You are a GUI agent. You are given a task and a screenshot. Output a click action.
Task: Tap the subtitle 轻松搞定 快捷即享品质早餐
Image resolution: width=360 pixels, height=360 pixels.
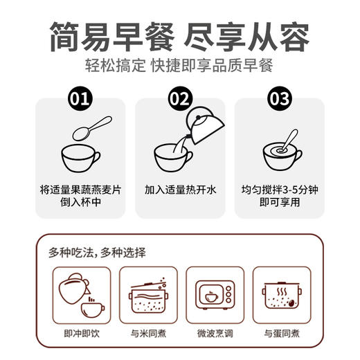tap(179, 67)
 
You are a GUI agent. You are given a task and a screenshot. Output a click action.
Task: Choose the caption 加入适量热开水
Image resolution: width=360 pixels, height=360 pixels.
tap(180, 188)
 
